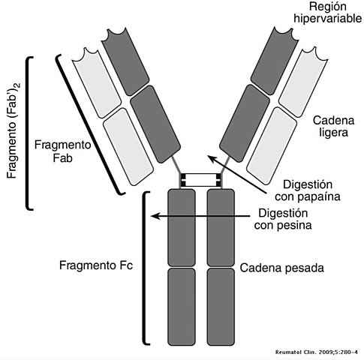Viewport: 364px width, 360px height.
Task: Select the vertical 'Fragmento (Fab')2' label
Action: [x=12, y=133]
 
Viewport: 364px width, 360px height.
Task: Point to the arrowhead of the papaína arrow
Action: [x=212, y=158]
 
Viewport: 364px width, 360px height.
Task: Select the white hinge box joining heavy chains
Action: [x=200, y=180]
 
